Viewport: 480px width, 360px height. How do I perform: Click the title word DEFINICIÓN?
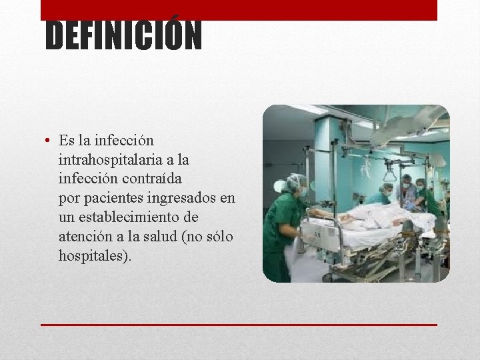(x=123, y=36)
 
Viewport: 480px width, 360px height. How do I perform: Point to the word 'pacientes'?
(x=111, y=199)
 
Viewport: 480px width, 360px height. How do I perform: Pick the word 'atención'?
(x=85, y=237)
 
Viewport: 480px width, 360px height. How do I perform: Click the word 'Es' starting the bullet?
(x=67, y=141)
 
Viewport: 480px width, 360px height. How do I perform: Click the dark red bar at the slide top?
(x=239, y=9)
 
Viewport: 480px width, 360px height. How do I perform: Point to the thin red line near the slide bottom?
(x=239, y=325)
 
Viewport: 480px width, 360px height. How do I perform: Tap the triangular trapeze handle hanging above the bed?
(x=390, y=175)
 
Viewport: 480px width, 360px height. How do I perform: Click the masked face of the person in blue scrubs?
(x=406, y=185)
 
